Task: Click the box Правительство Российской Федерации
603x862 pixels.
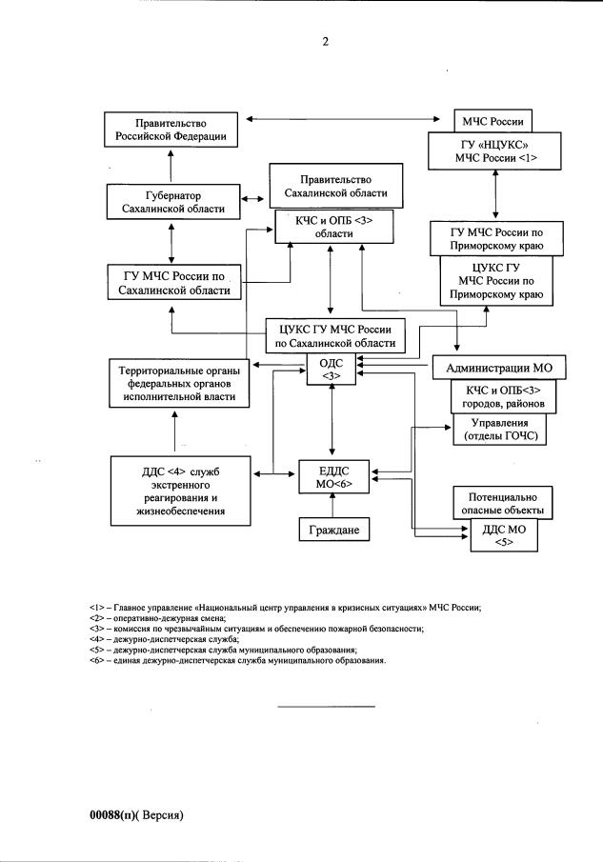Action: [170, 129]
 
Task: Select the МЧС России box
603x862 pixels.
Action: [494, 121]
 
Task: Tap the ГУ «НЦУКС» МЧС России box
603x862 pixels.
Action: [494, 150]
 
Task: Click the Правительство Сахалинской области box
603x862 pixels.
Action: [329, 187]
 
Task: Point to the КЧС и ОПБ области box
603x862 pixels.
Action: [329, 227]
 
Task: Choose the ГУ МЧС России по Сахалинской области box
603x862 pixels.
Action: [173, 283]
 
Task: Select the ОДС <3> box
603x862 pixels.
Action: [332, 369]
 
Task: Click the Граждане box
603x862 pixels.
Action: [332, 529]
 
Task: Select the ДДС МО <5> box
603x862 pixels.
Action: [504, 535]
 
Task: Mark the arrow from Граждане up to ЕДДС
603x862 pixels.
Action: [332, 506]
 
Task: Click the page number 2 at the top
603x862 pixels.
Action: [325, 41]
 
